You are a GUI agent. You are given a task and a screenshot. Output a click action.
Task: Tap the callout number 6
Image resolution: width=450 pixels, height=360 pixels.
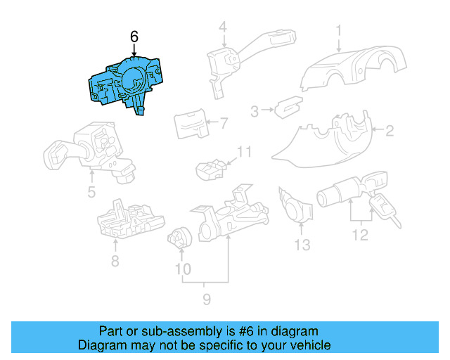(134, 37)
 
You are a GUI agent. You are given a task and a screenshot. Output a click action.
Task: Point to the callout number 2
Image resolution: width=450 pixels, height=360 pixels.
(389, 129)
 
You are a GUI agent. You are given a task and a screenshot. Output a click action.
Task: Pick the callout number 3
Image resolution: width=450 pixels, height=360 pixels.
(255, 110)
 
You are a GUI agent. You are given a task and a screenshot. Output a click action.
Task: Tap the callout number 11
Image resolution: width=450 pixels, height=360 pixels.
(243, 152)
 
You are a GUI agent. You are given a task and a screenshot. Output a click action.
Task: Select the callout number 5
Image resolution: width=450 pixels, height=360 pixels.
(91, 191)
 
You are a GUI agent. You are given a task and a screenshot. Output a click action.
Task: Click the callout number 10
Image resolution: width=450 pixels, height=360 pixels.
(182, 268)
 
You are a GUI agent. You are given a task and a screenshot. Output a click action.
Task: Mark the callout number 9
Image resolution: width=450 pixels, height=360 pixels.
(206, 301)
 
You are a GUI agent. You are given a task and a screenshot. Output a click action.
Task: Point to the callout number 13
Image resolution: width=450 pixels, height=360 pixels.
(302, 245)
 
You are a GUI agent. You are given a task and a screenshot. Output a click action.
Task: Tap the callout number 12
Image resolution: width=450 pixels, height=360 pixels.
(360, 236)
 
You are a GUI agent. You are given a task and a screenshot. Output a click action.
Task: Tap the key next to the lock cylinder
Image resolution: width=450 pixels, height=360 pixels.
(384, 209)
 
